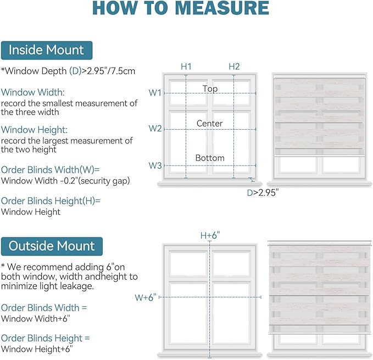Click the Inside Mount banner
click(47, 51)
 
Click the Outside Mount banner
click(52, 246)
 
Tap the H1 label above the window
click(186, 67)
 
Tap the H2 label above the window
click(234, 67)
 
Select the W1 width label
click(155, 92)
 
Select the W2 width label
click(155, 129)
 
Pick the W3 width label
click(155, 165)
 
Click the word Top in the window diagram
click(210, 89)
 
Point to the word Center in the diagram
click(210, 123)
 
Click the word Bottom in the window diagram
click(210, 158)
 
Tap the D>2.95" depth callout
click(263, 192)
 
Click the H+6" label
click(210, 235)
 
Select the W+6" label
click(146, 297)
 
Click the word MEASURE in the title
click(222, 8)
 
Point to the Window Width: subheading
click(33, 92)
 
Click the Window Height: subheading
click(34, 130)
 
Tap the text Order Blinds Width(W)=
click(50, 170)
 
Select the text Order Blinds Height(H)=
click(51, 201)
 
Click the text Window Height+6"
click(37, 349)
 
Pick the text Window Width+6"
click(36, 318)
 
